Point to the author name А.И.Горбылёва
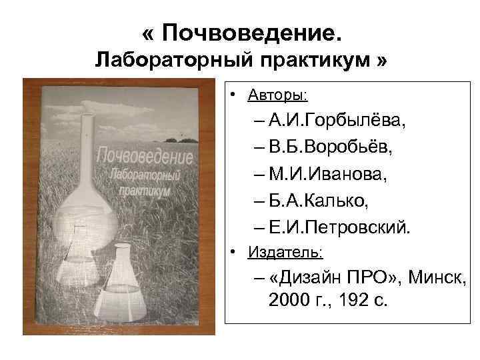pos(339,121)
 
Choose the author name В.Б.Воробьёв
pos(331,147)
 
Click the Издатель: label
pos(285,253)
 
